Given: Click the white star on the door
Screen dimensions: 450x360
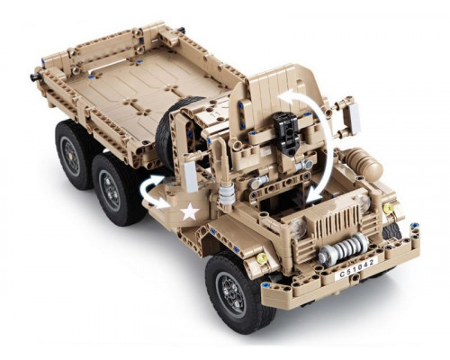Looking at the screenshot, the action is [x=190, y=211].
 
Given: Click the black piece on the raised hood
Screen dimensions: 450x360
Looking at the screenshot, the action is [x=287, y=133].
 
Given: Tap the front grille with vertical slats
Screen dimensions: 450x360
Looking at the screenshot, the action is [x=339, y=220].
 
